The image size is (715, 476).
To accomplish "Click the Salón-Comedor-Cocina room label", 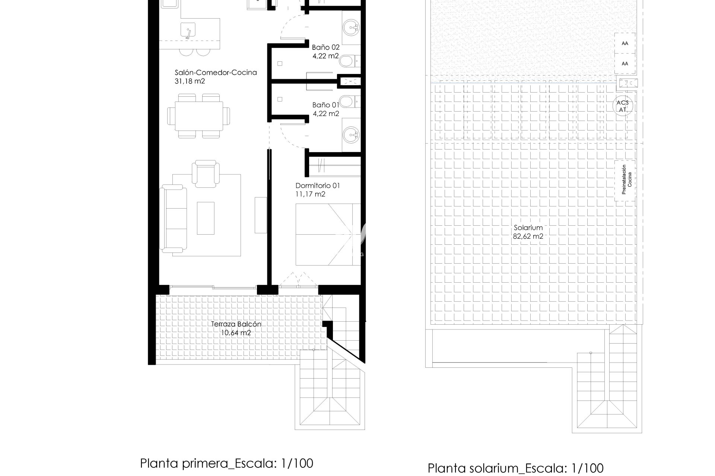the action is [x=216, y=73].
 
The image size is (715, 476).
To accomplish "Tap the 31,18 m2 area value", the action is [x=190, y=81].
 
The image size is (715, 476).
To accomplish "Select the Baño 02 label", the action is [x=326, y=47].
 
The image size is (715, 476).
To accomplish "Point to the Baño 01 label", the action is [x=326, y=105].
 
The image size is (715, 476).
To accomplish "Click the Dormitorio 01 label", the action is [x=318, y=186].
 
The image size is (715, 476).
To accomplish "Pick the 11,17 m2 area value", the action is [x=310, y=194].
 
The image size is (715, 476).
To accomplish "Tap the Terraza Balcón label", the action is [x=236, y=324].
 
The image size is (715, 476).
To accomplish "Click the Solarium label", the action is [x=528, y=228].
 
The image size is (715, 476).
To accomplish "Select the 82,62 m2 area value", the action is [x=528, y=236].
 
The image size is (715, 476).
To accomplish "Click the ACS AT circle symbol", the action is [x=623, y=106].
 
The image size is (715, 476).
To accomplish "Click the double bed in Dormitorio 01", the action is [x=328, y=234].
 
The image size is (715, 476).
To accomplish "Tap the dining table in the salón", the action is [x=198, y=115].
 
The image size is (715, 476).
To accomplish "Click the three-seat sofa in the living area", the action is [x=173, y=219].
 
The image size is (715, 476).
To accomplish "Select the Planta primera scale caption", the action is [x=226, y=453].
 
